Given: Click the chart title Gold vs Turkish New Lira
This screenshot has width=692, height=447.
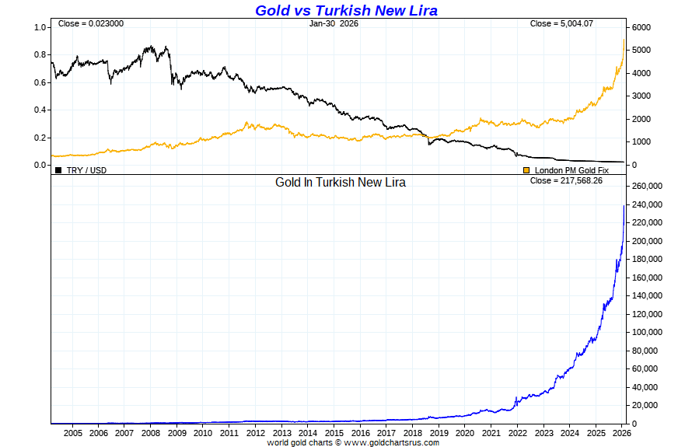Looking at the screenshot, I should point(346,10).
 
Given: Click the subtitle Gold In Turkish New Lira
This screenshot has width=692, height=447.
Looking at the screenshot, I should point(341,182).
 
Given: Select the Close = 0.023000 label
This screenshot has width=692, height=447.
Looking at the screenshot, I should point(89,24).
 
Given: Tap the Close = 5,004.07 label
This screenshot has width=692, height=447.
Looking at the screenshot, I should point(561,24).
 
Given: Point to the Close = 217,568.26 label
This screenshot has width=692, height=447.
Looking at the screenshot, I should point(566,180).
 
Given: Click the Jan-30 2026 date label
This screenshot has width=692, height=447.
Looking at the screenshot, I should point(334,24).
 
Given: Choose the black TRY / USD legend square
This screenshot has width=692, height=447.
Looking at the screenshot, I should point(58,169).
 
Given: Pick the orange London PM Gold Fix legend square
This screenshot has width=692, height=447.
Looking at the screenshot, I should point(526,169).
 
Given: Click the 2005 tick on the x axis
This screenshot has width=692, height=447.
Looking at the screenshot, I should point(72,433).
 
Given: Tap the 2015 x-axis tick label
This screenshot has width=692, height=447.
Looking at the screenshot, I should point(334,433).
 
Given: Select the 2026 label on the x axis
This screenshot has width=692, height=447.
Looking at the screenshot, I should point(621,433).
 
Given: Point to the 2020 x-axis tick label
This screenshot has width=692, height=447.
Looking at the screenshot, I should point(464,433).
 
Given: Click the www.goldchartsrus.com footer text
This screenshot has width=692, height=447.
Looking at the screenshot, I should point(391,442).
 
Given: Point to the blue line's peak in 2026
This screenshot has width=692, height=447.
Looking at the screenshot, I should point(624,205).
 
